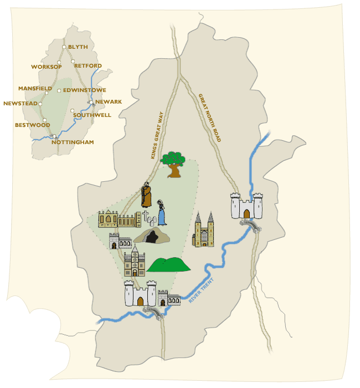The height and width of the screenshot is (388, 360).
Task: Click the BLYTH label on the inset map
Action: point(78,47)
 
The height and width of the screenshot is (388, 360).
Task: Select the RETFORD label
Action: point(88,65)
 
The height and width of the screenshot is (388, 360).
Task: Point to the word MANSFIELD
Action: point(35,88)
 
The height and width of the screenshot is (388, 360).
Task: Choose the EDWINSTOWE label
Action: point(85,90)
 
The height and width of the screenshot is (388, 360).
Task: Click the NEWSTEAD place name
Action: point(20,103)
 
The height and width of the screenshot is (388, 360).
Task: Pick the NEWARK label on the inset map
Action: point(109,101)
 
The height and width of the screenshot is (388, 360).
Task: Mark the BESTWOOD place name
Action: point(33,125)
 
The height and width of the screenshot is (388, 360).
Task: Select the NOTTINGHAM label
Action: point(73,142)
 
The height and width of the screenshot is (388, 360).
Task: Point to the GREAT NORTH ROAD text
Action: point(210,118)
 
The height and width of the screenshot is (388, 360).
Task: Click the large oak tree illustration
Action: point(174,164)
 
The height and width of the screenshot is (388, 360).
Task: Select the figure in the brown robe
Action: point(146,195)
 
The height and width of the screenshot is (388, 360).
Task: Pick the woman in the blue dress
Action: point(162,212)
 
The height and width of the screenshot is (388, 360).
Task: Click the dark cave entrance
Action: point(151,237)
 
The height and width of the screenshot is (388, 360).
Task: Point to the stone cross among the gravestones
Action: point(146,216)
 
